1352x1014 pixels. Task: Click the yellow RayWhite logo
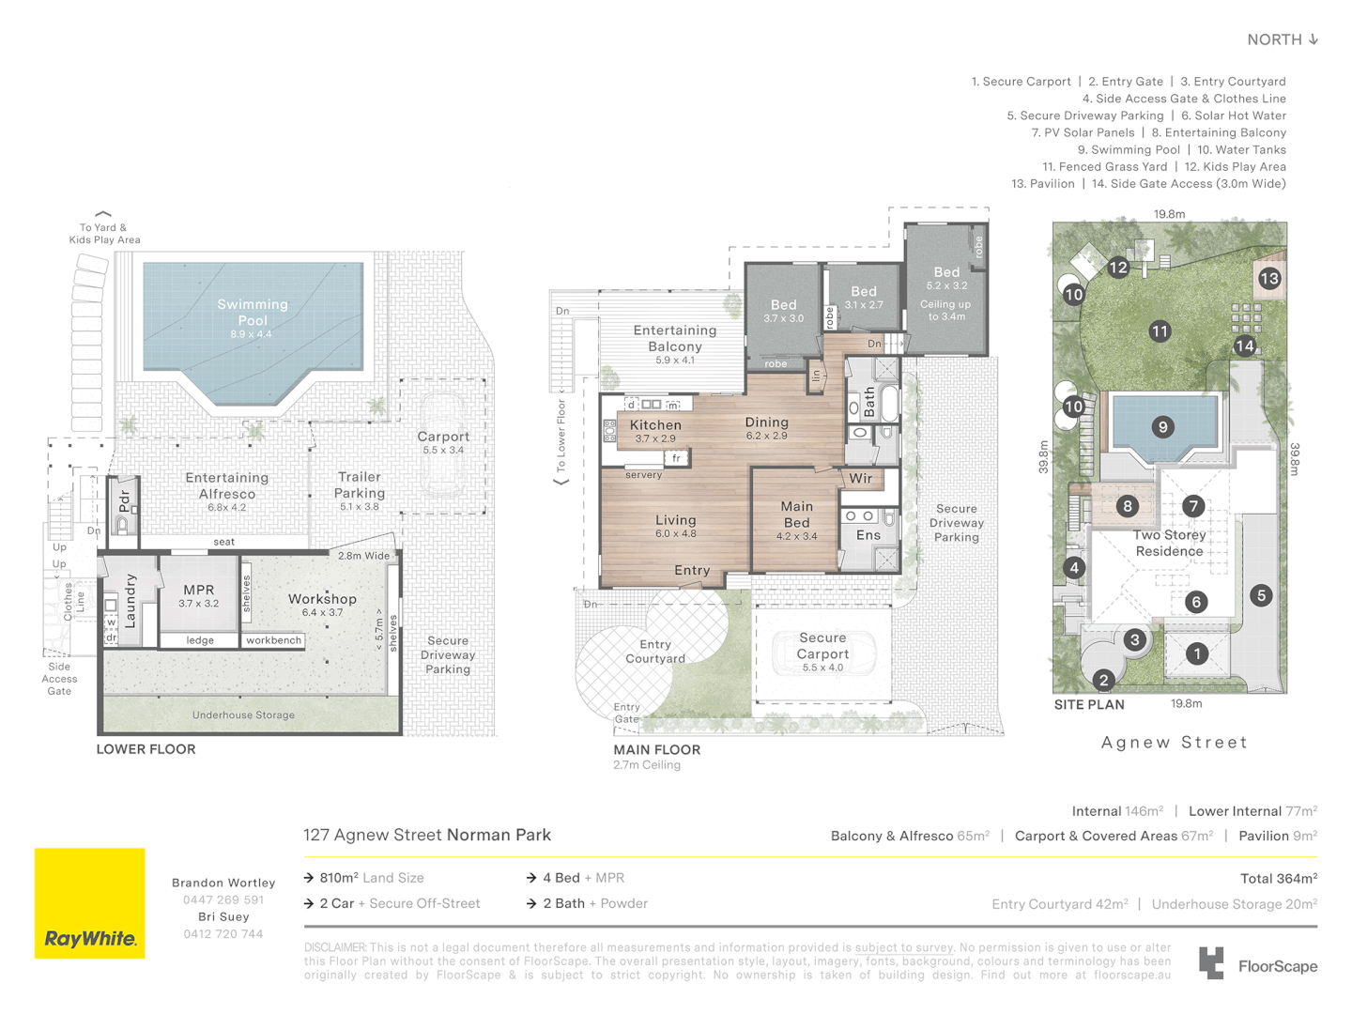90,903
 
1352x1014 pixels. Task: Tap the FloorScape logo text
1277,966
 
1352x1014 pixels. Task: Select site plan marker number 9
1162,427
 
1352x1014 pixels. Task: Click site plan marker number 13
1269,278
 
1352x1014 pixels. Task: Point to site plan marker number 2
1104,680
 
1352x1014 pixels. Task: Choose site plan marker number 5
1261,595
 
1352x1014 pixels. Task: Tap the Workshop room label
322,599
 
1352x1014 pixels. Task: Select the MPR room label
199,591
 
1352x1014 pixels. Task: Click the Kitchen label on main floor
655,425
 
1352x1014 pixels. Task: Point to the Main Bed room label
796,515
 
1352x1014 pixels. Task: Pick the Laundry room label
131,601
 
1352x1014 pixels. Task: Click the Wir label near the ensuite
860,479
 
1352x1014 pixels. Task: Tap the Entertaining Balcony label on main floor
674,338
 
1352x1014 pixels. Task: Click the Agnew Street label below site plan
1174,743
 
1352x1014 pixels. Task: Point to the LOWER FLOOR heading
146,749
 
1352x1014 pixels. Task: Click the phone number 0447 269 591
223,899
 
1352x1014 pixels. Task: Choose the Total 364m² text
1278,879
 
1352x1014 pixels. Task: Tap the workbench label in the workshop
273,640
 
